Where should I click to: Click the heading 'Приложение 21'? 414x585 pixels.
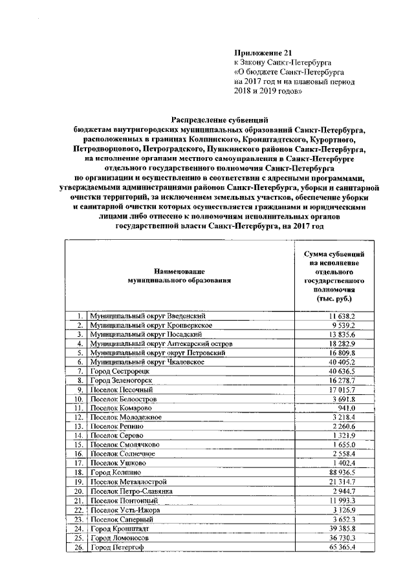point(257,52)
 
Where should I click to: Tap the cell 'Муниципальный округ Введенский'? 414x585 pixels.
point(147,315)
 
